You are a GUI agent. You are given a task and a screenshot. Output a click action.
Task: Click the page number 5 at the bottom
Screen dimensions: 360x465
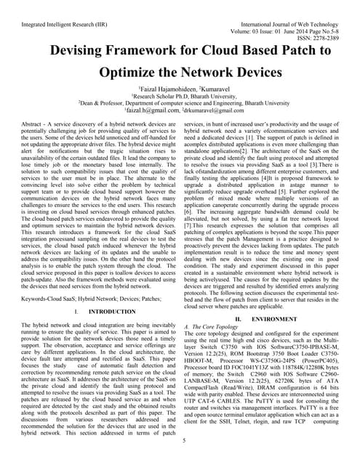[x=185, y=440]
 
